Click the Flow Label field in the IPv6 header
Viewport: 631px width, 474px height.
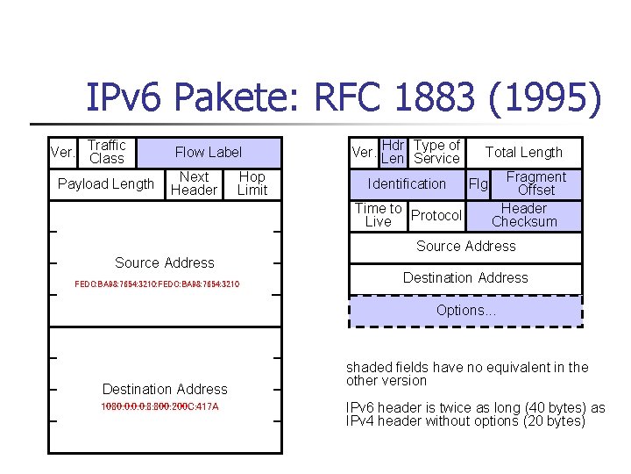pos(208,152)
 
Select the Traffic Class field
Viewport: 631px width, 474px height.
pos(106,152)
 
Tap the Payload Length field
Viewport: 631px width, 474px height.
pos(105,183)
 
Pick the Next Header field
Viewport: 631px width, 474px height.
pos(194,183)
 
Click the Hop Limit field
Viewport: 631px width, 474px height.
pos(252,183)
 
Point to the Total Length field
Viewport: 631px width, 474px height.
pos(523,152)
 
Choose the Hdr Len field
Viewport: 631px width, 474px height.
pos(393,152)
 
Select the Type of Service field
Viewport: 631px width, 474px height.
pos(436,152)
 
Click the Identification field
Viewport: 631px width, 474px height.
pos(407,183)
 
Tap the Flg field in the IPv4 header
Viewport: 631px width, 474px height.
pos(478,183)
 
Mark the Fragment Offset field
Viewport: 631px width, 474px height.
pos(535,183)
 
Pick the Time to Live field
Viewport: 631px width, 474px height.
pos(378,215)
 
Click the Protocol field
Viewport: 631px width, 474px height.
pos(436,215)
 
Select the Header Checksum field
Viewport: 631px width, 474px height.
pos(524,215)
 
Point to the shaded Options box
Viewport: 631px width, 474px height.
pos(465,311)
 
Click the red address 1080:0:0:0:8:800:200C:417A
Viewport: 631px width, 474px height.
pos(160,407)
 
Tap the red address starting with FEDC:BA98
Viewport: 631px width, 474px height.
pos(158,284)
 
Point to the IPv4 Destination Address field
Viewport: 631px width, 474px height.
pos(465,278)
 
